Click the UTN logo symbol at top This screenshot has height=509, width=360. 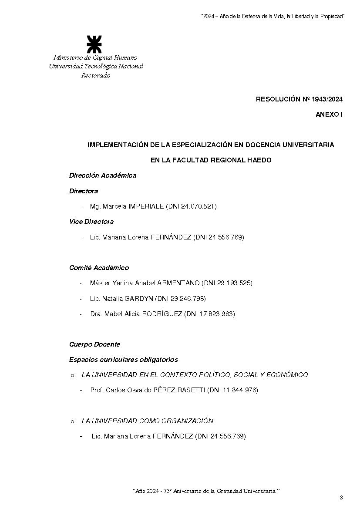tap(94, 44)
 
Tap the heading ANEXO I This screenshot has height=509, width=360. tap(329, 115)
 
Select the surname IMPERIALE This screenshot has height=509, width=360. tap(146, 206)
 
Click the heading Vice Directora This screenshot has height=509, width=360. tap(91, 222)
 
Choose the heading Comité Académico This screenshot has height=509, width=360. tap(99, 268)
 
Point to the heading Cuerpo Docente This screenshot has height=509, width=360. tap(94, 344)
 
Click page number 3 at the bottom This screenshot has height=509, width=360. tap(341, 498)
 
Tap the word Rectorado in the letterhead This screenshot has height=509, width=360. tap(96, 75)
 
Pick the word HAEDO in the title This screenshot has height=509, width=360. tap(259, 160)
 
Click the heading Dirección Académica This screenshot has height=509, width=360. tap(103, 175)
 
